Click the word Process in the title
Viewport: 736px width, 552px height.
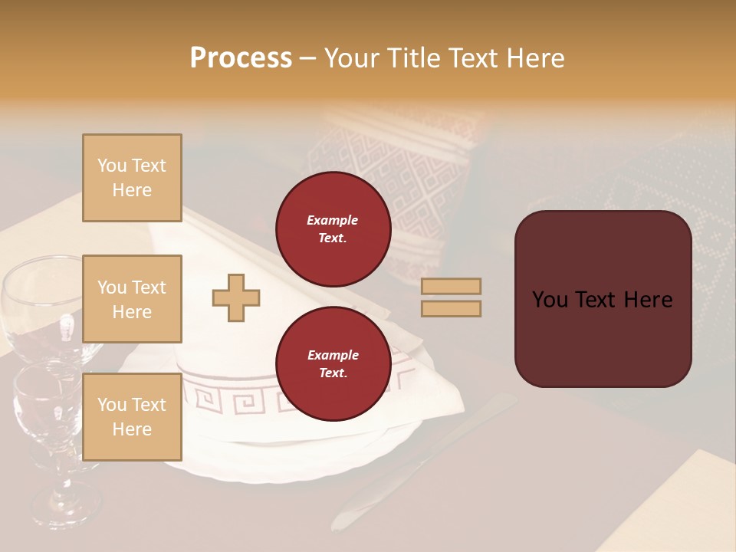[x=241, y=58]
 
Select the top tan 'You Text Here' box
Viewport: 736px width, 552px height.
[x=132, y=178]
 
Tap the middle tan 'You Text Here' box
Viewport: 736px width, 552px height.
[x=132, y=299]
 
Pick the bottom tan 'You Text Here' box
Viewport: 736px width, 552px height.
[x=132, y=416]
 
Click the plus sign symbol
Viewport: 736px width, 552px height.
[x=236, y=297]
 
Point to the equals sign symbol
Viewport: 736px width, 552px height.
[x=451, y=297]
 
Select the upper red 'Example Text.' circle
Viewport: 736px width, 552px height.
[x=333, y=229]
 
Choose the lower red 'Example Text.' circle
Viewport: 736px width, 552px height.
[x=333, y=364]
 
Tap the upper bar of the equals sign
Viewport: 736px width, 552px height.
[x=451, y=287]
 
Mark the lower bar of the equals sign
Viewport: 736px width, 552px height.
[x=451, y=308]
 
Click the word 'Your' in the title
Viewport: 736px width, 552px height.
[x=350, y=58]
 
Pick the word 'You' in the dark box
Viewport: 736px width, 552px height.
[x=550, y=300]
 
